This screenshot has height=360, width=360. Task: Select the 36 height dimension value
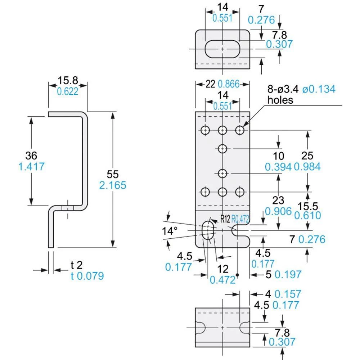31,156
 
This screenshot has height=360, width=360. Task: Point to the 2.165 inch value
112,185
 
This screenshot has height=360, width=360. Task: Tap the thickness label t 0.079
87,276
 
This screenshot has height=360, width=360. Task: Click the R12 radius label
225,219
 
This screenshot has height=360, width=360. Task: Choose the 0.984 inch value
307,167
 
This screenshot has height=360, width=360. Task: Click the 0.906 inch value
278,211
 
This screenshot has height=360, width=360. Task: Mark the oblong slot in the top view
222,49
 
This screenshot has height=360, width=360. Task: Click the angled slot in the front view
207,230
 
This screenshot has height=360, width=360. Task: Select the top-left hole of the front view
205,130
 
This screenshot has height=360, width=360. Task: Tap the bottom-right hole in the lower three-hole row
240,192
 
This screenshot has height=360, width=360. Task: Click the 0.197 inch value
288,274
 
